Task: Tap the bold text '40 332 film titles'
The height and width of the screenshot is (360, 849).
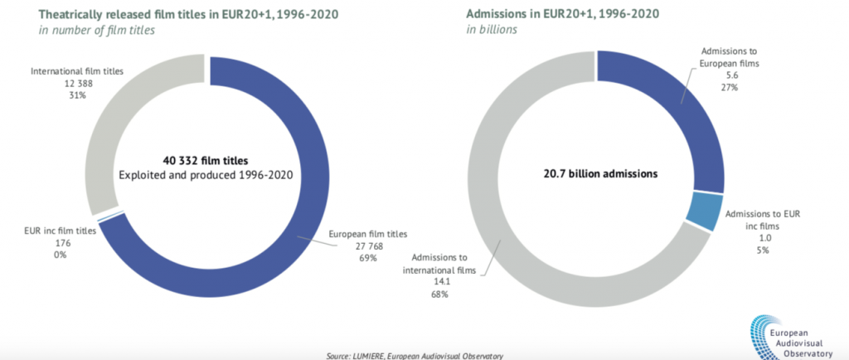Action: (x=204, y=160)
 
